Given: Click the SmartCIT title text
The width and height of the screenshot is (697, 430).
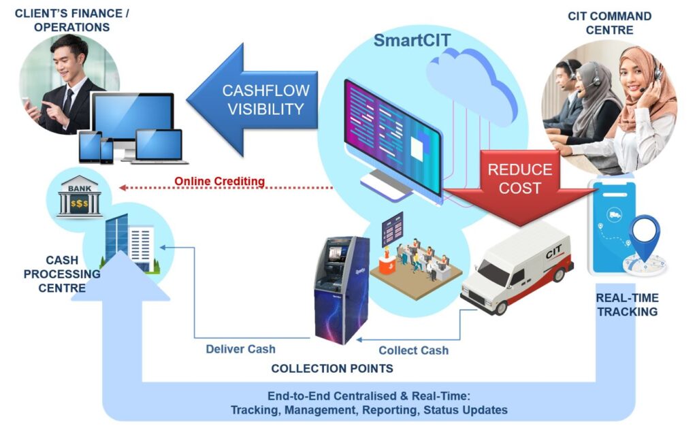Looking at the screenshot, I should pos(412,40).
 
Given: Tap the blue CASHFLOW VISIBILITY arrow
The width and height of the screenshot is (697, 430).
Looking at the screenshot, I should pos(252,99).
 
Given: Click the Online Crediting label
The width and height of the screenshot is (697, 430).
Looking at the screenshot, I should pos(219,181).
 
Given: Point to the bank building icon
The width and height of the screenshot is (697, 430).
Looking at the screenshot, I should pos(79,198).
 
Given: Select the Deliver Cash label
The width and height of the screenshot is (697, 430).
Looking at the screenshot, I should pos(240,349).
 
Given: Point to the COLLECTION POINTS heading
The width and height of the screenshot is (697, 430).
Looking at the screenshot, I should pos(332,369).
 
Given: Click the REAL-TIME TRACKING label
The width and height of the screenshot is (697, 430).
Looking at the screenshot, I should pos(626,305).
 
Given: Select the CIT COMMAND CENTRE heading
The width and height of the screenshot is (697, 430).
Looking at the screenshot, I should pos(609,22).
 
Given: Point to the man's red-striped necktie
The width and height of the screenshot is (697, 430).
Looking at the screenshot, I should pos(69,101).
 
